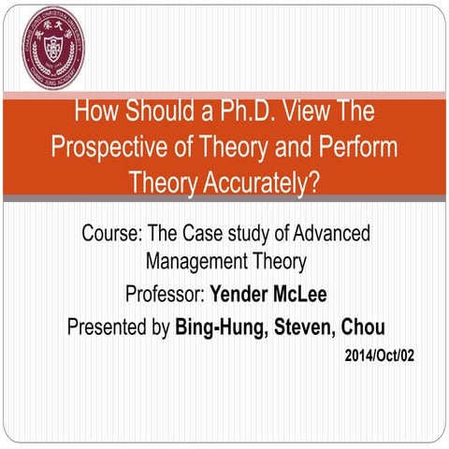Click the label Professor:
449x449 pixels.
pyautogui.click(x=164, y=296)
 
